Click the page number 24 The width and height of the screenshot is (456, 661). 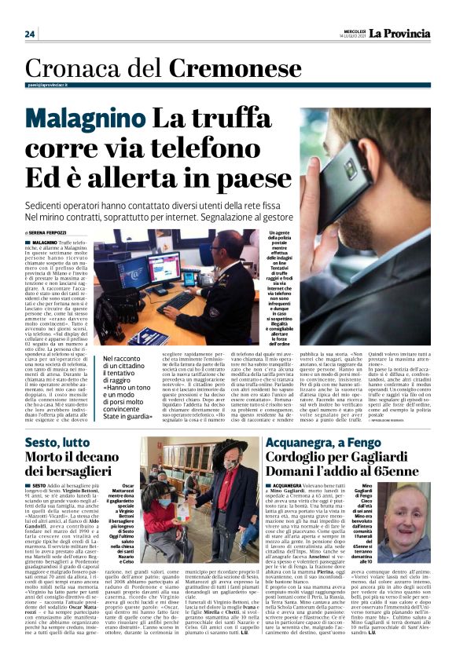[30, 34]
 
